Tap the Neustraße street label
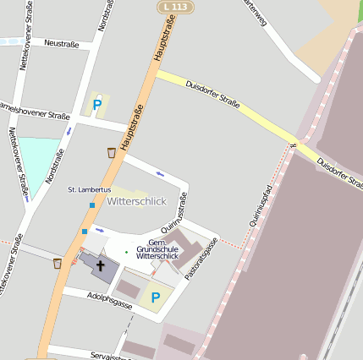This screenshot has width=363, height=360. coord(61,43)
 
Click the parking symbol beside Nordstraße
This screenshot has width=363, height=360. coord(97,105)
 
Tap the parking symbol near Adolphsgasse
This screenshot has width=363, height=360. coord(155,297)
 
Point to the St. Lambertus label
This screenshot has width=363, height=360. coord(89,190)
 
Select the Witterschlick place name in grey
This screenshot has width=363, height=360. coord(137,201)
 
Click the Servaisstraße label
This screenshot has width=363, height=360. coord(110,356)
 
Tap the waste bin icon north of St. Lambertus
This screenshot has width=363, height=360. coord(112,152)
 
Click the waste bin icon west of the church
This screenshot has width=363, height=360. coord(58,263)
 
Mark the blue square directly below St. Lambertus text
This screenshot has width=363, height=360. coord(92,205)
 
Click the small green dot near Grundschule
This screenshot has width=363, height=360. coord(127,252)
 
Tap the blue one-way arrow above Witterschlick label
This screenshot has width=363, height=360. coord(161,175)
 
